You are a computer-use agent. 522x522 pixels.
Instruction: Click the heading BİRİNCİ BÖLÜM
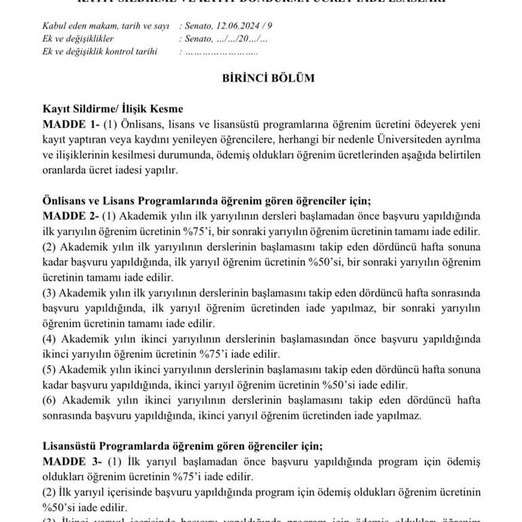268,77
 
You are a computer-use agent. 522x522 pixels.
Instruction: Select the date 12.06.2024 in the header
239,27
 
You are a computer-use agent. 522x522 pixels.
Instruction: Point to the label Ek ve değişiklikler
76,39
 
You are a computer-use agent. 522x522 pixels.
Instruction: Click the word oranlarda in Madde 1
66,171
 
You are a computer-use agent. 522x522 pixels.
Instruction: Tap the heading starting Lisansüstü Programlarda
182,447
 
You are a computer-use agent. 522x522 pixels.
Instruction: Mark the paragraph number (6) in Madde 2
50,401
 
